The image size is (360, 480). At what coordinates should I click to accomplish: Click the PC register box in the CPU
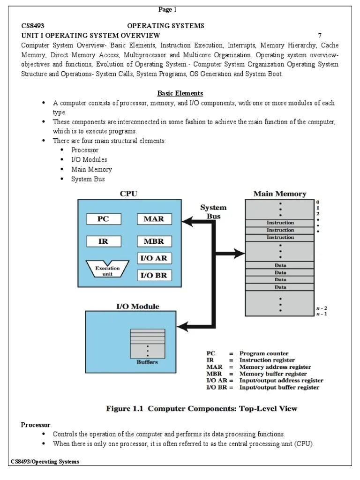(x=103, y=219)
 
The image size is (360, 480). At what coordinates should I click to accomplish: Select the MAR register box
(x=154, y=219)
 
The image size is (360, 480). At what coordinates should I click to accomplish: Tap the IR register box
(x=103, y=241)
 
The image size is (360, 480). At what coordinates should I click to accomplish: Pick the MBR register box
(x=154, y=241)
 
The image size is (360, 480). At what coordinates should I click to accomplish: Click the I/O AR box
(x=154, y=258)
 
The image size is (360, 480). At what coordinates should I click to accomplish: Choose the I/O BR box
(x=154, y=275)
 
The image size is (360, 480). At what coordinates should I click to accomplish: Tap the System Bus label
(x=213, y=211)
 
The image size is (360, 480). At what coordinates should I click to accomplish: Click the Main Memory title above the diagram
(x=280, y=193)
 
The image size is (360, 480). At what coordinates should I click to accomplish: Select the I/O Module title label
(x=137, y=306)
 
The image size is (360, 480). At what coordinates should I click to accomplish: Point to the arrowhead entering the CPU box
(x=187, y=219)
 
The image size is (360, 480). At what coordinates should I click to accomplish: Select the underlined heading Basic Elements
(x=180, y=93)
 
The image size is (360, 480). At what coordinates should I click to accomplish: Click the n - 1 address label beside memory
(x=322, y=314)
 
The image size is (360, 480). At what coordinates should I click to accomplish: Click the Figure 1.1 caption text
(x=202, y=409)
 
